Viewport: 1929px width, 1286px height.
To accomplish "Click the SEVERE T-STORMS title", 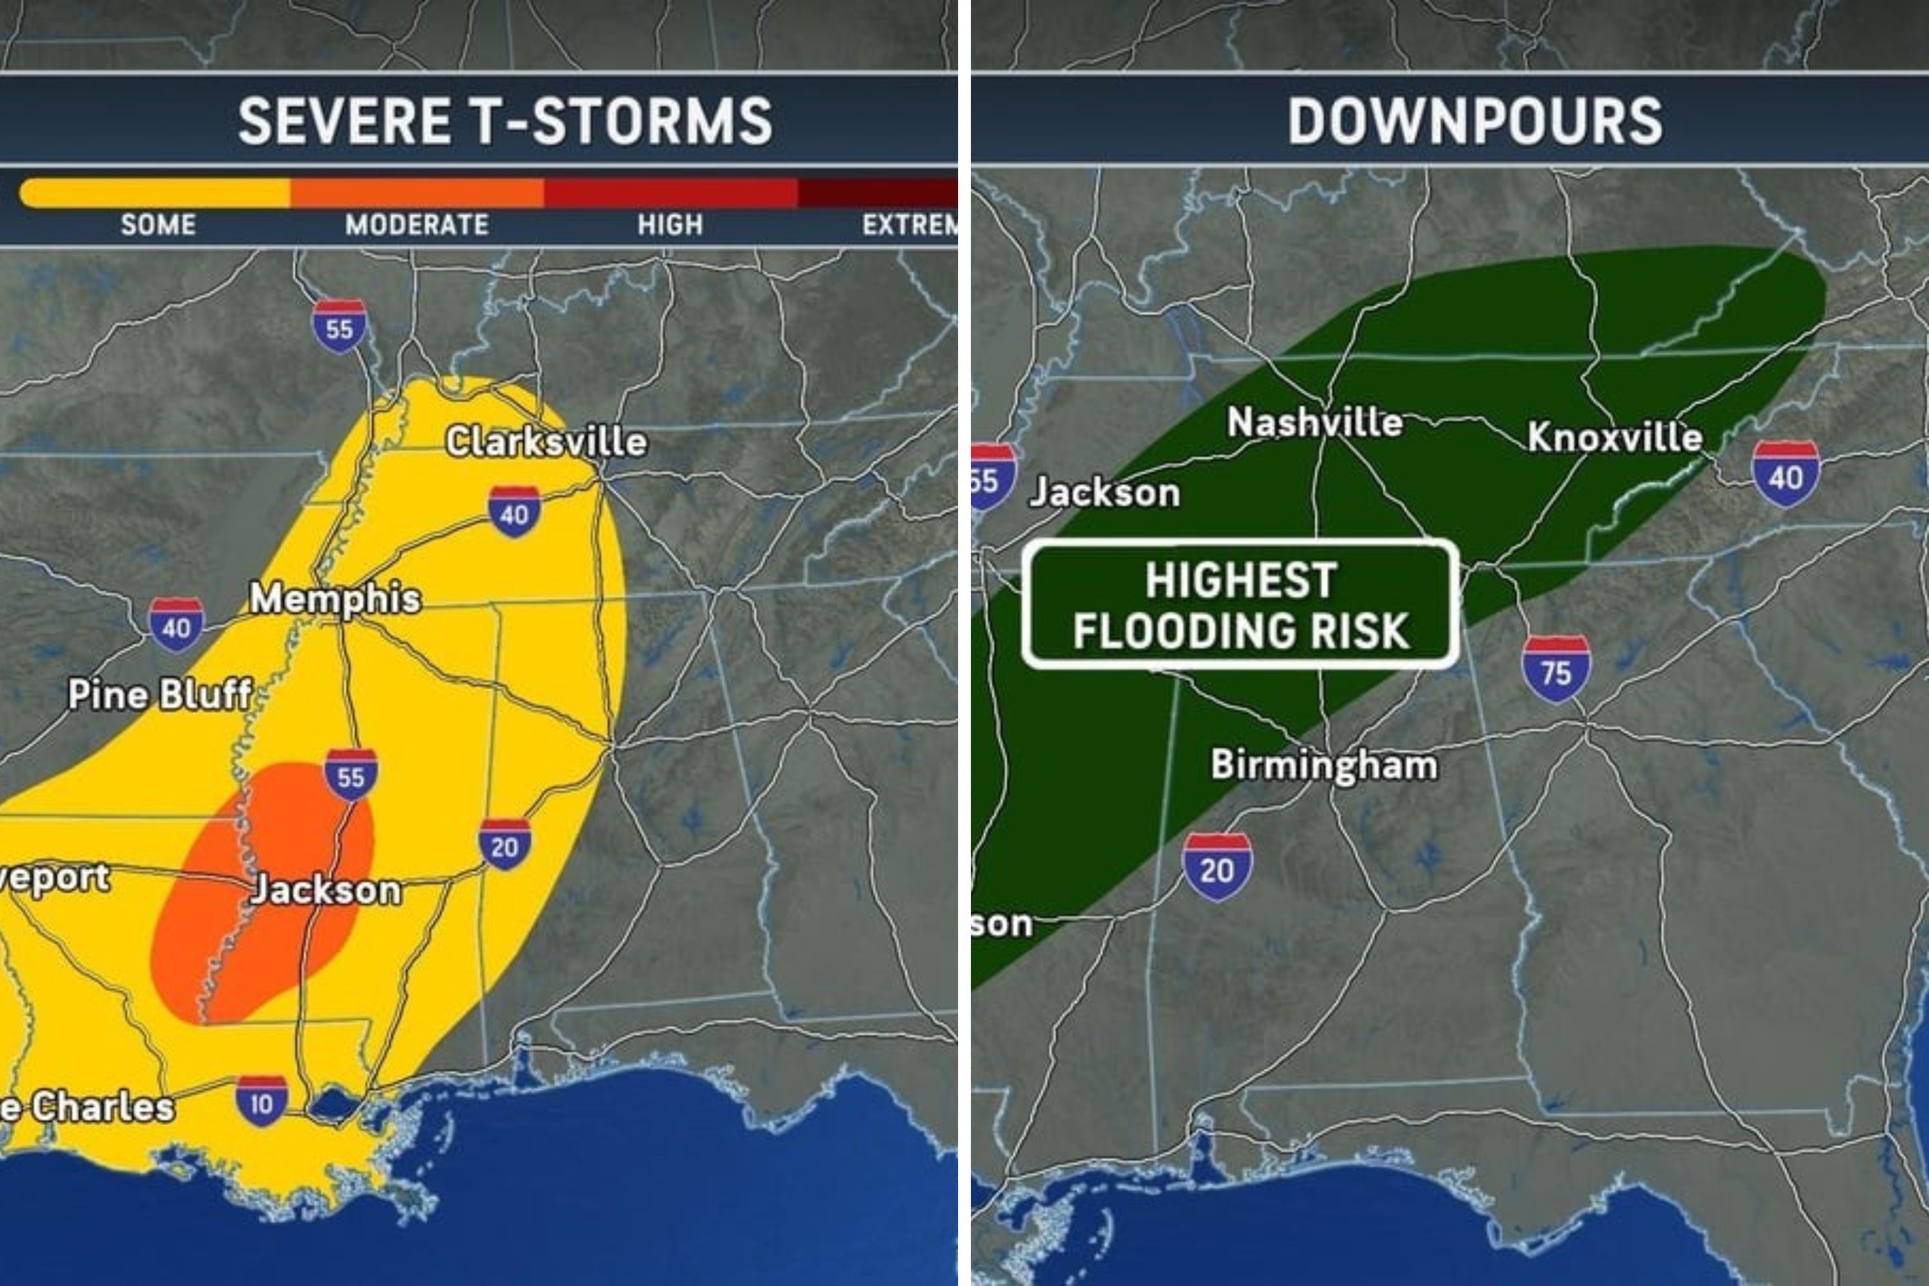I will (505, 121).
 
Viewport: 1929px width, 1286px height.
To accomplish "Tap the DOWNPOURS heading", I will (1474, 121).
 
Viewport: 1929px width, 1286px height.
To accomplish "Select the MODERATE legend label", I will (417, 224).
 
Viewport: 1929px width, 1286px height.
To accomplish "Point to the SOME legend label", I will (158, 224).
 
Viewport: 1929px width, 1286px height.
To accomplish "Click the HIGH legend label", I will (670, 224).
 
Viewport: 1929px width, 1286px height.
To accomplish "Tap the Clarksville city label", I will (546, 442).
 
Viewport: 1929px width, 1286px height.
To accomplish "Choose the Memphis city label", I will (336, 598).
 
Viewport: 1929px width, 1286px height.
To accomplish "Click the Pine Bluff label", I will (160, 694).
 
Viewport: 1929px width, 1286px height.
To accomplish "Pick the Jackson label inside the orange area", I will (327, 890).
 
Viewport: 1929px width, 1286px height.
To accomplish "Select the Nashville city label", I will (1315, 422).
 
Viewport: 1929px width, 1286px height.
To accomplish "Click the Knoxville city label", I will (1614, 437).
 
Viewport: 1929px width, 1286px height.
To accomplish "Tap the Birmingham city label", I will (1325, 765).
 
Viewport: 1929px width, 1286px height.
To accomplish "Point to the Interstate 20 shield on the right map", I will (1217, 867).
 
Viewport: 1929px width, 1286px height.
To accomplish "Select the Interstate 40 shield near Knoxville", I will (1786, 473).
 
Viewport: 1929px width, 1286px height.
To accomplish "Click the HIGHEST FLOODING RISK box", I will (1240, 605).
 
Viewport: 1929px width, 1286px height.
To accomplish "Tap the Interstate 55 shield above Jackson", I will (351, 774).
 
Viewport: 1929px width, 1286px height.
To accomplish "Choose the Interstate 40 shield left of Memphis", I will (176, 624).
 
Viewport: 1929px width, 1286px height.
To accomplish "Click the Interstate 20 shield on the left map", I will (504, 843).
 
